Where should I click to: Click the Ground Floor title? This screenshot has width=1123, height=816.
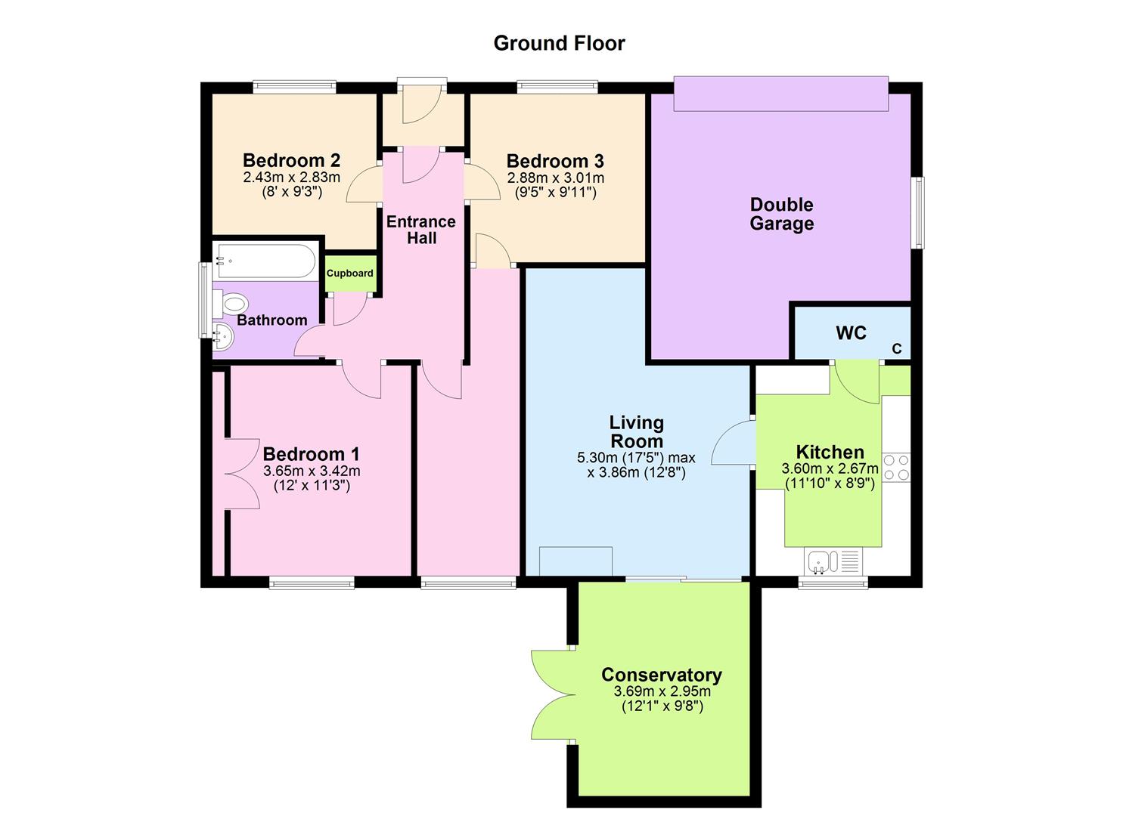pyautogui.click(x=559, y=43)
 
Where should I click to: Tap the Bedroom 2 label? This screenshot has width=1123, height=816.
pyautogui.click(x=291, y=160)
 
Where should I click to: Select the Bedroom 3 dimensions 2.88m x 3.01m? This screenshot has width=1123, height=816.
pyautogui.click(x=555, y=178)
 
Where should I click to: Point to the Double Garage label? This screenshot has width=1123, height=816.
pyautogui.click(x=781, y=214)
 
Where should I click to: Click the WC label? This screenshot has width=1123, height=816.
pyautogui.click(x=851, y=333)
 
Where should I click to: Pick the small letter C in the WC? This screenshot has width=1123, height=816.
pyautogui.click(x=897, y=349)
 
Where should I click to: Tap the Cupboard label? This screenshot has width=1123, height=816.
pyautogui.click(x=349, y=273)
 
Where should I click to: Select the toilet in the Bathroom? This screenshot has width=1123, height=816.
pyautogui.click(x=231, y=304)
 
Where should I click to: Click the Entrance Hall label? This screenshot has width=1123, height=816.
pyautogui.click(x=421, y=230)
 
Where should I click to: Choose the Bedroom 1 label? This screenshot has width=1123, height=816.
pyautogui.click(x=311, y=454)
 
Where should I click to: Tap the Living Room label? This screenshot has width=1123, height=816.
pyautogui.click(x=637, y=431)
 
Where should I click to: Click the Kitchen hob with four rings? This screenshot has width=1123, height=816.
pyautogui.click(x=896, y=467)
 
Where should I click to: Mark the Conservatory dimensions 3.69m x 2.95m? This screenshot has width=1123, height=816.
pyautogui.click(x=662, y=691)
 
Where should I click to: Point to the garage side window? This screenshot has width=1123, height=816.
pyautogui.click(x=917, y=212)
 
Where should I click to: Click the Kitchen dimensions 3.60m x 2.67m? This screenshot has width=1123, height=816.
pyautogui.click(x=830, y=468)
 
